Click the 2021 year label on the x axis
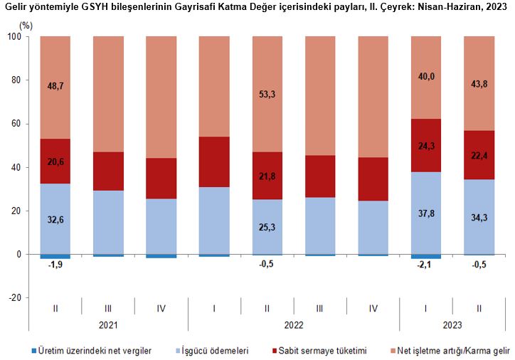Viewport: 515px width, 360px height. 108,326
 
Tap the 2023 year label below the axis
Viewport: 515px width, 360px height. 452,326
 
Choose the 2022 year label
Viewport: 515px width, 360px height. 294,326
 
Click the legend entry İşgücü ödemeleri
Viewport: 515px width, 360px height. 213,351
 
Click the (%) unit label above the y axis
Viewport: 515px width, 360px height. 26,25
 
